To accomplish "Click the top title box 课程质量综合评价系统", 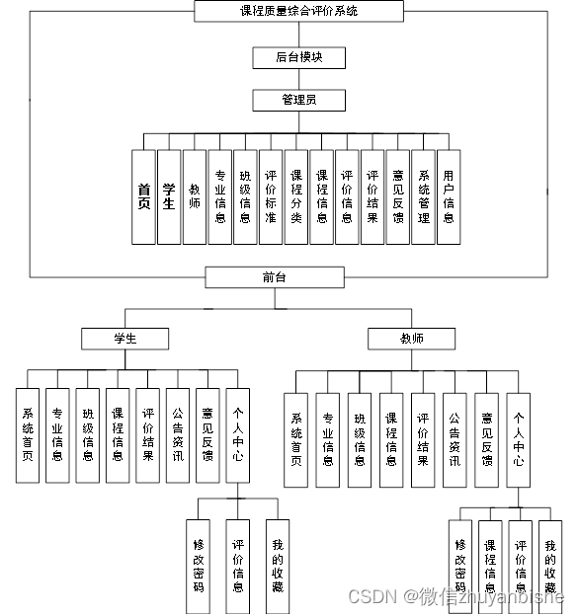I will (x=298, y=11).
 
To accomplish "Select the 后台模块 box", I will (x=298, y=57).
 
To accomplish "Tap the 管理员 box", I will (x=298, y=100).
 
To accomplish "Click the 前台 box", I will (x=274, y=277).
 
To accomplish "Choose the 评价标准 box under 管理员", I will (x=271, y=195).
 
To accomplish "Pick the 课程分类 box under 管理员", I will (x=295, y=195).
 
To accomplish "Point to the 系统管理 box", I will (x=423, y=195).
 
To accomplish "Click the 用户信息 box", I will (x=449, y=195).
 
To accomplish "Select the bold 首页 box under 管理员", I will (x=144, y=195).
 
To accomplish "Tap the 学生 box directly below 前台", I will (x=124, y=339).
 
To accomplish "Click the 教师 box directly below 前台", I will (x=412, y=339).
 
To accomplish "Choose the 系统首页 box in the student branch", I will (x=28, y=434).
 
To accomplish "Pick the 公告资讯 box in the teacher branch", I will (x=454, y=439).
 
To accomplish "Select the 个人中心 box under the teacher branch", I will (x=519, y=439).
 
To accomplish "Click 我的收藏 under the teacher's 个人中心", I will (x=550, y=566).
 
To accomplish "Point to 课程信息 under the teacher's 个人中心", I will (x=489, y=566).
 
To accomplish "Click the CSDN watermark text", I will (x=370, y=597).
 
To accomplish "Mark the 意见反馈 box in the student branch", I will (x=207, y=434).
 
